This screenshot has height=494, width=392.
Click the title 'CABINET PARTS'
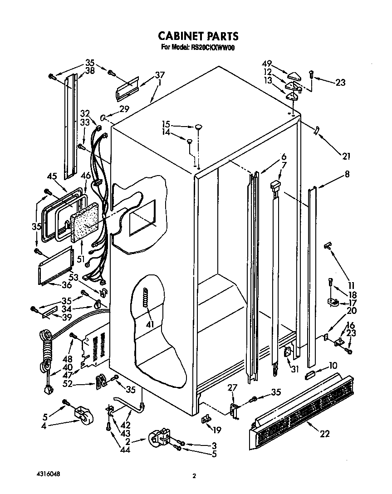click(198, 36)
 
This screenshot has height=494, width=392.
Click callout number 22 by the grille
click(324, 434)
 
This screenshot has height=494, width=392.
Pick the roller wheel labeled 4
click(80, 416)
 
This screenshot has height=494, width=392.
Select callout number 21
click(347, 157)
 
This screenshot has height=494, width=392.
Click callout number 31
click(295, 369)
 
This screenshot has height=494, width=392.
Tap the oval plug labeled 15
click(199, 127)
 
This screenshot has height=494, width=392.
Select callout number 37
click(159, 75)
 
